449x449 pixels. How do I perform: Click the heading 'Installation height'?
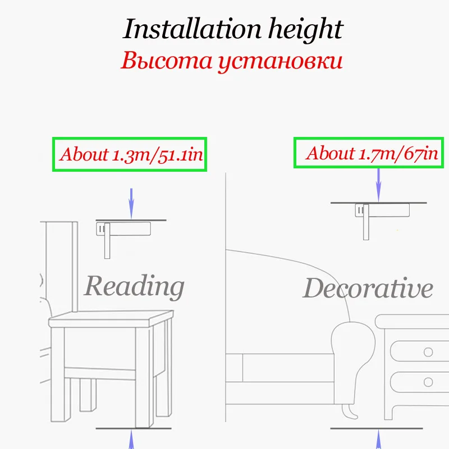pos(232,29)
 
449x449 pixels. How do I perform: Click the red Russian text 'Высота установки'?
pos(231,61)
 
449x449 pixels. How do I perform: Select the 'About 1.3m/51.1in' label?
pos(130,154)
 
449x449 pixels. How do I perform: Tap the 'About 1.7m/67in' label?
pos(372,153)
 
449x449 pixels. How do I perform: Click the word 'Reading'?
pos(134,286)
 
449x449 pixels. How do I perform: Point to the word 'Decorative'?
pos(368,288)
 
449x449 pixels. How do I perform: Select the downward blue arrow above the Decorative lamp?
pos(379,185)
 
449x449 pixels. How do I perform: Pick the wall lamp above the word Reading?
pos(123,231)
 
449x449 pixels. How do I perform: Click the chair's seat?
pos(109,320)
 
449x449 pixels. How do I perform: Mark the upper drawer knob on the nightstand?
pos(428,352)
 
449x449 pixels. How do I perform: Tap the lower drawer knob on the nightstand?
pos(428,382)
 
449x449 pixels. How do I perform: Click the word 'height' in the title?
pos(305,29)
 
